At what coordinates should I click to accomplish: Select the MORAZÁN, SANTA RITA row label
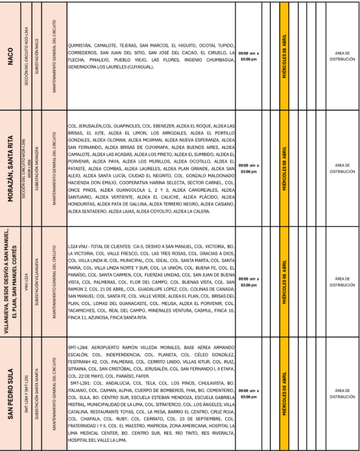point(11,169)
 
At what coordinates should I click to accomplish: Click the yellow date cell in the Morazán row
point(284,169)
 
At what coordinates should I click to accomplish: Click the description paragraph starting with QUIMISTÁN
point(150,56)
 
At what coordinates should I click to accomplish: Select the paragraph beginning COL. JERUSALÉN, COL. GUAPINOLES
point(150,169)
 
